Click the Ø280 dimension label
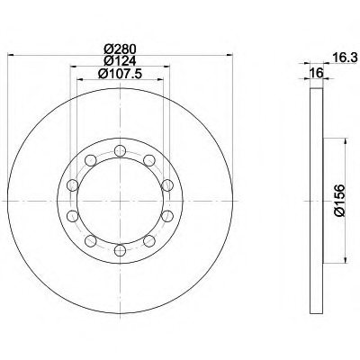click(x=120, y=49)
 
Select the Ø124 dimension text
click(x=120, y=61)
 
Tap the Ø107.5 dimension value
click(x=120, y=74)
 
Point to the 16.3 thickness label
click(x=345, y=57)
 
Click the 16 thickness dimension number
click(x=317, y=73)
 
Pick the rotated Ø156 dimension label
click(x=340, y=201)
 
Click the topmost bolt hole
click(x=120, y=150)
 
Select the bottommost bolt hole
click(x=120, y=250)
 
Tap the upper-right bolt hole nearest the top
click(x=149, y=160)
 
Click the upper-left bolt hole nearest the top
click(x=91, y=160)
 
